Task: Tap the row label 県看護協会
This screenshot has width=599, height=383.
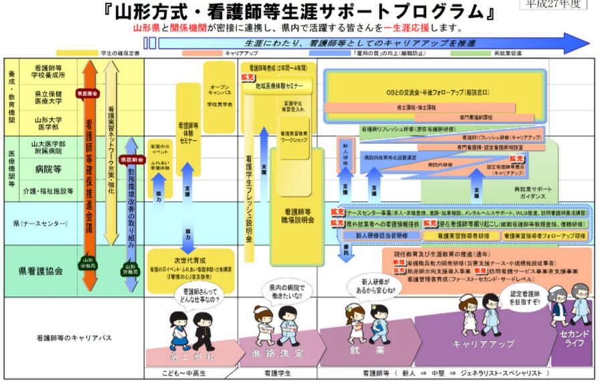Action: coord(41,271)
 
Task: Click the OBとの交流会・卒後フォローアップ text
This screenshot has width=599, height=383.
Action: coord(434,90)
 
